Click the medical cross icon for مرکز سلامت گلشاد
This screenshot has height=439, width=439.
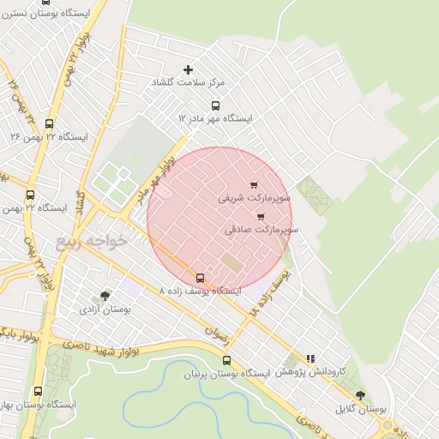click(x=189, y=69)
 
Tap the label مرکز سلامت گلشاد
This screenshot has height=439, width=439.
click(x=188, y=82)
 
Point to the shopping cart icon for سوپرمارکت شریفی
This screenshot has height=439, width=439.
click(x=253, y=184)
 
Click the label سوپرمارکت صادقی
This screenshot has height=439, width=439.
click(x=262, y=230)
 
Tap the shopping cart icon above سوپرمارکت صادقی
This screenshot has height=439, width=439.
click(x=261, y=217)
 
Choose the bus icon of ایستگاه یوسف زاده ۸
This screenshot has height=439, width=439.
click(x=200, y=278)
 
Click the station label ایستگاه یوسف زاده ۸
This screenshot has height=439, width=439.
click(x=200, y=292)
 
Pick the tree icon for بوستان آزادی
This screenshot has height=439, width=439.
click(x=105, y=296)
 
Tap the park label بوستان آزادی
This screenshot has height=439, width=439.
click(x=105, y=309)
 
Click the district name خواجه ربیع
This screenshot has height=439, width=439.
click(x=92, y=242)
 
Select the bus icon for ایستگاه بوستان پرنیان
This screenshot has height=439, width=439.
click(x=226, y=361)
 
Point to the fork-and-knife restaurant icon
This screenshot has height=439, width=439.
click(x=310, y=359)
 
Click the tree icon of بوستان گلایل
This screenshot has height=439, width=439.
click(x=359, y=395)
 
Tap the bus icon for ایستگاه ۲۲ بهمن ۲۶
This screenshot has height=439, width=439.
click(x=49, y=123)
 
